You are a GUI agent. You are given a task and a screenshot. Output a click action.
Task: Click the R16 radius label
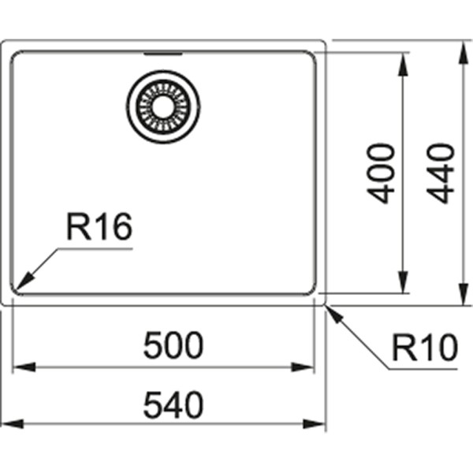coord(99,229)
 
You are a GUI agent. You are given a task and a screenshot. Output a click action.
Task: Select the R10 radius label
coord(424,347)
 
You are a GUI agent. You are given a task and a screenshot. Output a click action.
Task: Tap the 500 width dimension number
coord(173,345)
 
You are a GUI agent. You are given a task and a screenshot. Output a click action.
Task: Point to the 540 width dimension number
coord(173,404)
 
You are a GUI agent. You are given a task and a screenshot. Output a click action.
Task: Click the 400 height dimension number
coord(382,173)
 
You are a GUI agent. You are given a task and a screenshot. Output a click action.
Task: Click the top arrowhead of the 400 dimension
coord(404,60)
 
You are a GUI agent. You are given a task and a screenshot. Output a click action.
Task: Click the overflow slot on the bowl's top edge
coord(163,54)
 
